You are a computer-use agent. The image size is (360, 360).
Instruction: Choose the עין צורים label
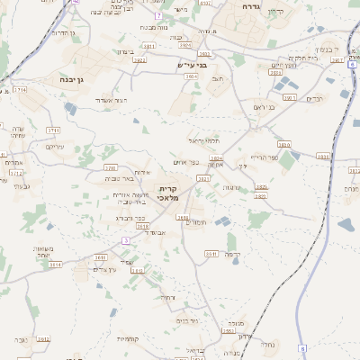click(x=104, y=270)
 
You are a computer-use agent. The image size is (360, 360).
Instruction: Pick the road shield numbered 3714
click(x=20, y=90)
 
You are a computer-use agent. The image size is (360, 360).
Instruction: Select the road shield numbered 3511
click(x=212, y=253)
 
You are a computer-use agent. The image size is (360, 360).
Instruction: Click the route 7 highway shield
click(x=158, y=16)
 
